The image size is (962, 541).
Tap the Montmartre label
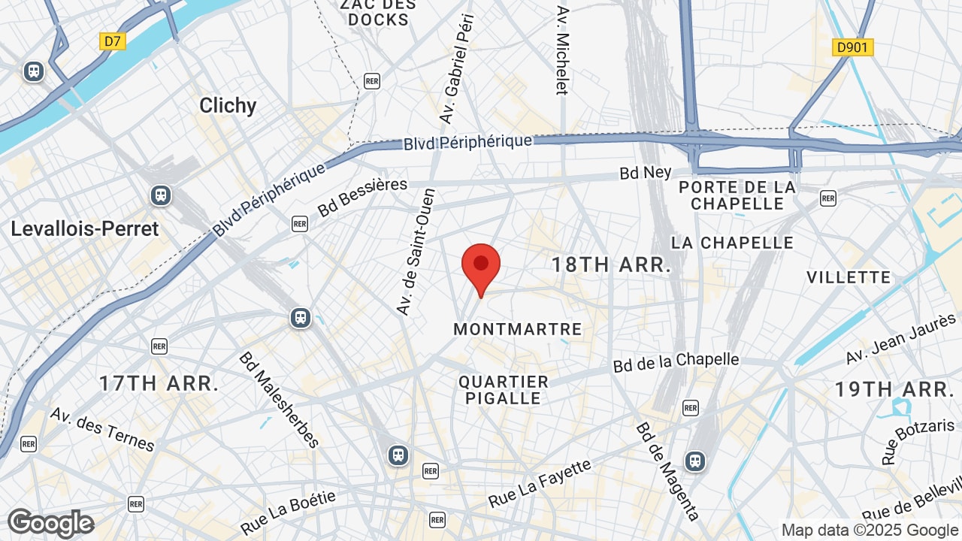(518, 329)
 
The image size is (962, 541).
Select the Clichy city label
(228, 106)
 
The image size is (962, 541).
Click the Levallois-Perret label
(85, 229)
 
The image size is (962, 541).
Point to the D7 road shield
(112, 41)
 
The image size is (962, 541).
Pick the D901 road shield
(853, 48)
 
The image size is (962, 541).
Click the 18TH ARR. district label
(611, 264)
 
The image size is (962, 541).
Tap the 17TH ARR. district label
(159, 383)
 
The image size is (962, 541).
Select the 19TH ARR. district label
(894, 389)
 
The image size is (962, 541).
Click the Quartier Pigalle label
(504, 390)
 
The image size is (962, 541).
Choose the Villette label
(849, 277)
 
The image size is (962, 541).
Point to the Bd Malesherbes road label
(279, 399)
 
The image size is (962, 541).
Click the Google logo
(50, 523)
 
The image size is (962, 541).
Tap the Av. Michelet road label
(563, 51)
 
